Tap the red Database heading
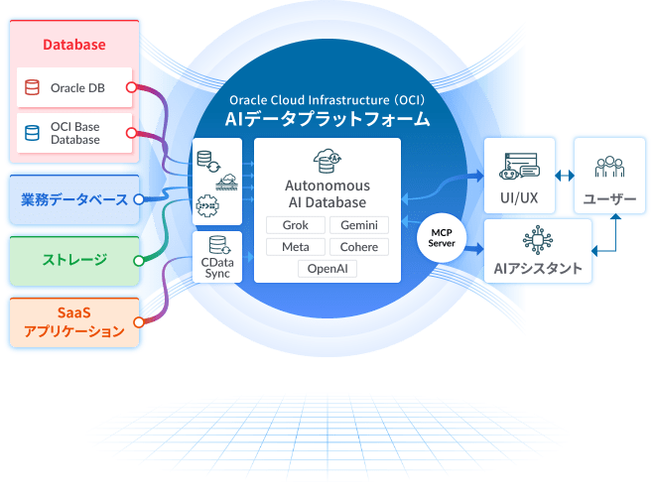(x=74, y=45)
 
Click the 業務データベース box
(x=74, y=200)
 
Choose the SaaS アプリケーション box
(x=74, y=321)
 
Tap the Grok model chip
(x=296, y=225)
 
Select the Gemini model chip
(x=358, y=225)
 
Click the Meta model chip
(x=296, y=247)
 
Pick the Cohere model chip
(x=358, y=247)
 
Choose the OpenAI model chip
(x=327, y=269)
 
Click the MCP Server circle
(x=442, y=238)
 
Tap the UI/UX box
(x=519, y=178)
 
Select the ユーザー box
(x=609, y=178)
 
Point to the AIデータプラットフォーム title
(x=327, y=119)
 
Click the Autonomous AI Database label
(x=327, y=193)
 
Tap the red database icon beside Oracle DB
(x=33, y=88)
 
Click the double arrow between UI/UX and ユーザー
(x=565, y=176)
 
